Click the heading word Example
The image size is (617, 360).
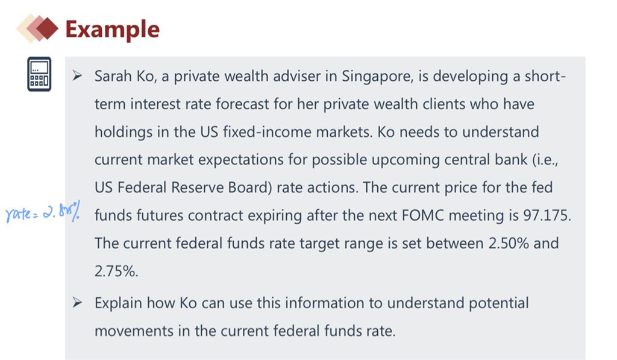click(113, 30)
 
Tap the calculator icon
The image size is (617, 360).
click(39, 74)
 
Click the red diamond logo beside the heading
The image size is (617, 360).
click(37, 28)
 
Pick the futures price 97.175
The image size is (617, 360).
click(547, 215)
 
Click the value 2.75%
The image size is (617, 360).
click(116, 271)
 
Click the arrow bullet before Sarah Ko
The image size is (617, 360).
click(77, 75)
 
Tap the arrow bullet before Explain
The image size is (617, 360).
click(77, 303)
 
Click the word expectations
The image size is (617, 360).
click(241, 160)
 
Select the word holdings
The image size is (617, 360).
click(124, 132)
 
